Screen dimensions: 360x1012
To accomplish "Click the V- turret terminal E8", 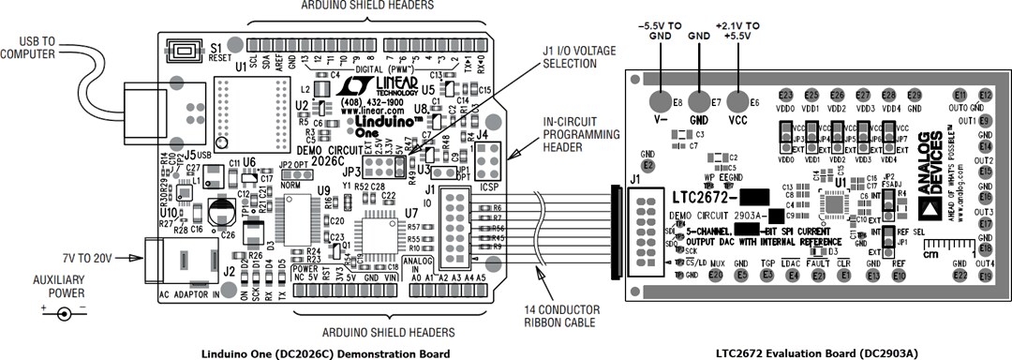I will tap(662, 101).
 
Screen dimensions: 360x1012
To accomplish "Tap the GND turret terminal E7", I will tap(699, 101).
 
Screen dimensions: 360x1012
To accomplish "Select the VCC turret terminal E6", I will tap(737, 101).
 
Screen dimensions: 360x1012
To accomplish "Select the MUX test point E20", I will tap(717, 275).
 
